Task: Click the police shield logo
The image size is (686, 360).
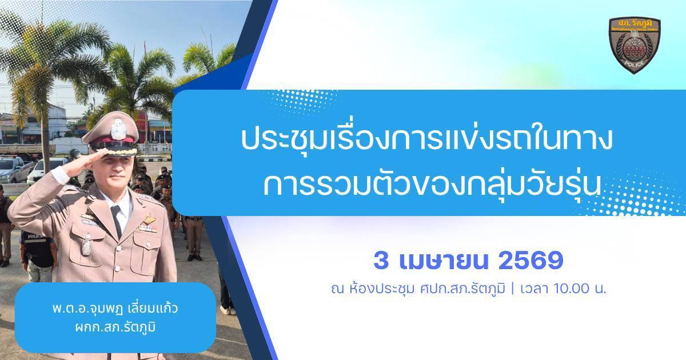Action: pos(634,45)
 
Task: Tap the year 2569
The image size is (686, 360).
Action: pos(531,262)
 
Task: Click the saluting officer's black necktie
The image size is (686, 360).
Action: pos(116,220)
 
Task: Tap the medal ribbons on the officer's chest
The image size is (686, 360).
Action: pos(147,227)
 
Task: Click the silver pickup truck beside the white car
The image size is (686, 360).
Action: pos(14,168)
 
